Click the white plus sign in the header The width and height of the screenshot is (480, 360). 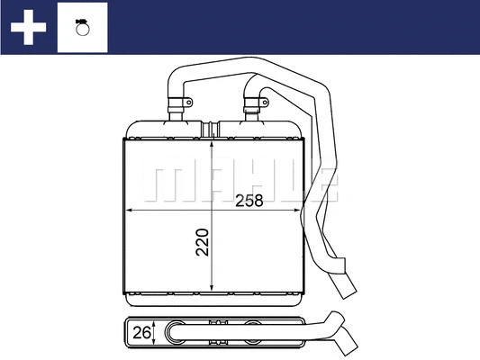pos(28,27)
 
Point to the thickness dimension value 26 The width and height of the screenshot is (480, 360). pos(140,333)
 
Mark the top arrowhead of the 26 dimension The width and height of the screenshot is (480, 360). pos(158,324)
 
